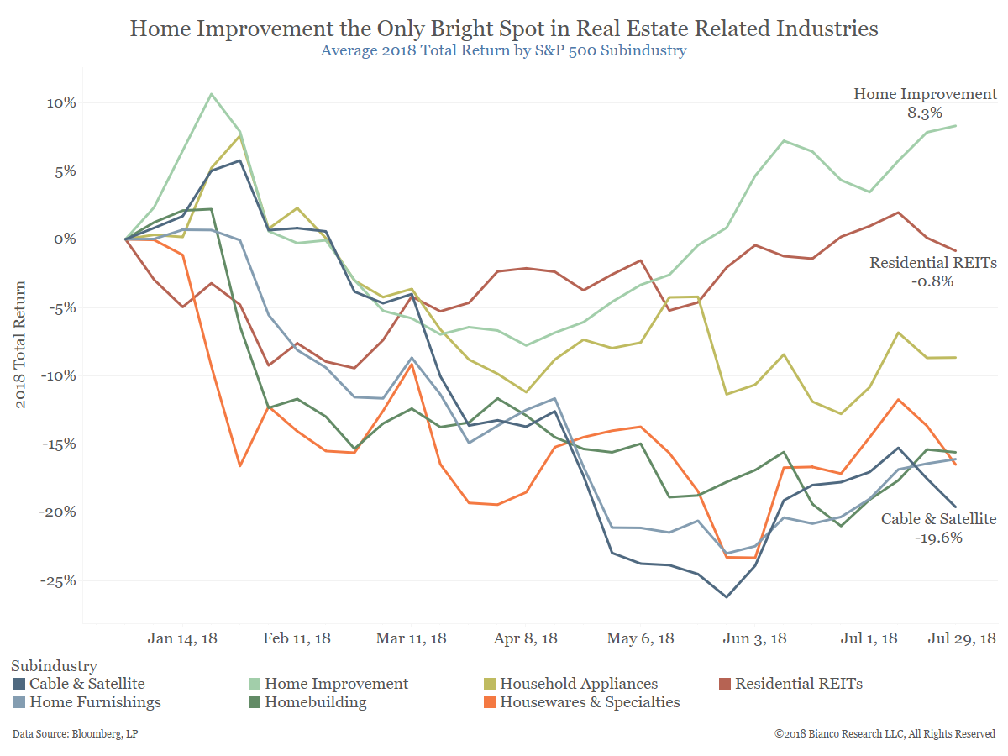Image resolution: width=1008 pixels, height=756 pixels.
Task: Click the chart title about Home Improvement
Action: (504, 29)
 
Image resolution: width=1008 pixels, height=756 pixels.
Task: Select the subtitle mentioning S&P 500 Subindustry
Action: (504, 50)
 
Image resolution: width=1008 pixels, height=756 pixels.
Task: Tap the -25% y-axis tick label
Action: (55, 580)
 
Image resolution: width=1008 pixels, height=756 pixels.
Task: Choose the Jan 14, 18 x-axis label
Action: (182, 638)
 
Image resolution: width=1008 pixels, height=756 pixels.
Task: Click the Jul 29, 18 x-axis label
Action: (961, 638)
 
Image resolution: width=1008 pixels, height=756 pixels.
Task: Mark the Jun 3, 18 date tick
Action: (754, 638)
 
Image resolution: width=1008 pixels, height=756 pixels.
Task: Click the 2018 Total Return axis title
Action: (22, 345)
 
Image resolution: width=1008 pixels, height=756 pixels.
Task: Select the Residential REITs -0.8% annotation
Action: (932, 272)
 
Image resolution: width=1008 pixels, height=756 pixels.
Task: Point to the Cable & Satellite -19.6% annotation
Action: (938, 528)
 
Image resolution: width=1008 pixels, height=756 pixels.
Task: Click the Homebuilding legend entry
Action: (316, 702)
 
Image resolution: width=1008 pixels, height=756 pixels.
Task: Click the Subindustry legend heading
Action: (54, 666)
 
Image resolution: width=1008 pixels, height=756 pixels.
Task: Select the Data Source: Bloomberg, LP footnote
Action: (75, 734)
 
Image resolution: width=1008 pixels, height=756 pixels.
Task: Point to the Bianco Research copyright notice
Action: (885, 734)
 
